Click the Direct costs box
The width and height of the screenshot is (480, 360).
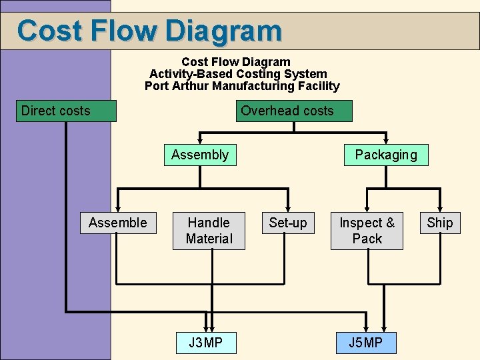65,111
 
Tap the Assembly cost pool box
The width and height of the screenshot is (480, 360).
199,155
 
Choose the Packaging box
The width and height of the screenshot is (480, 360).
386,155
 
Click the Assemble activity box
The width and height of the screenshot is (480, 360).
118,223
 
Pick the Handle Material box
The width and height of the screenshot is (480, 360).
209,231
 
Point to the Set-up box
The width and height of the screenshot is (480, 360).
288,223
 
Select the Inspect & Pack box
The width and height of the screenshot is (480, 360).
367,231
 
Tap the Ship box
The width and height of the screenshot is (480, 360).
440,223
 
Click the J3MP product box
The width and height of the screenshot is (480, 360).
205,343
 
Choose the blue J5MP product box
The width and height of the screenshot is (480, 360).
365,343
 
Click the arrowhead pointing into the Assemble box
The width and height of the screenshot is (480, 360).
118,209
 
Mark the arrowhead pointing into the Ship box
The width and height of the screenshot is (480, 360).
440,209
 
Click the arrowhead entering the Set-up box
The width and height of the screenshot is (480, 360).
288,209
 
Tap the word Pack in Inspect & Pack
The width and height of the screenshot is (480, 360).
367,239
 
